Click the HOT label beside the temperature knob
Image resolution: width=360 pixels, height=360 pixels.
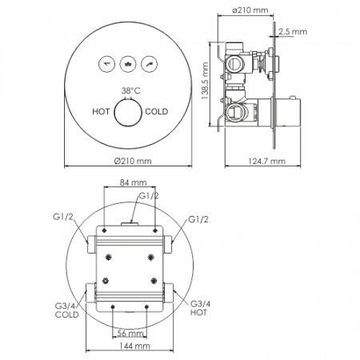click(x=101, y=111)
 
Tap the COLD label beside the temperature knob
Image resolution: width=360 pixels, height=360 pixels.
click(x=157, y=111)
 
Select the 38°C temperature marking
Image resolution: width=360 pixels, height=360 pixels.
click(x=130, y=90)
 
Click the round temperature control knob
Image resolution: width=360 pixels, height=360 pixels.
click(x=128, y=112)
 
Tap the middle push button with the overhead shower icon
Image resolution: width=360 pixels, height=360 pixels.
click(x=128, y=64)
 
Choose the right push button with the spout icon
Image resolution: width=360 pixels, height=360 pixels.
click(x=150, y=64)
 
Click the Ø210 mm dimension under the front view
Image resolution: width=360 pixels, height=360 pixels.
click(x=133, y=161)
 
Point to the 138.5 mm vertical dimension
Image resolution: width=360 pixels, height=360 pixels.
click(x=205, y=81)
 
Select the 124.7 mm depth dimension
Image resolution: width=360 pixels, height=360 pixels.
click(x=266, y=161)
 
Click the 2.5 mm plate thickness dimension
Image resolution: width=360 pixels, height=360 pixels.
click(x=293, y=32)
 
